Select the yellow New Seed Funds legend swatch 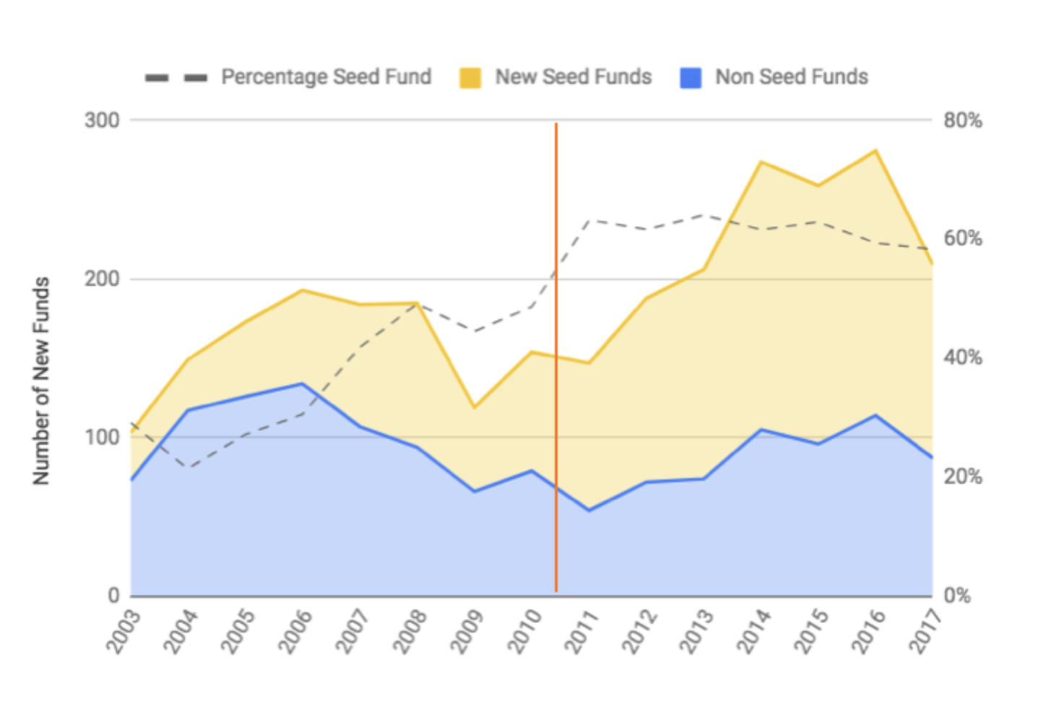(470, 78)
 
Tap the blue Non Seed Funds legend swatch (691, 78)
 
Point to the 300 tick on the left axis (102, 120)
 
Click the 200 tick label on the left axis (102, 279)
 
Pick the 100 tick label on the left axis (102, 438)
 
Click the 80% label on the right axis (962, 121)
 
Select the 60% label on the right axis (962, 239)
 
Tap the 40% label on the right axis (962, 357)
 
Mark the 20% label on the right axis (962, 477)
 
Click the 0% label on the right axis (957, 596)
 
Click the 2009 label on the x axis (470, 631)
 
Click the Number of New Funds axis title (41, 381)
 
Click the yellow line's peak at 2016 (876, 150)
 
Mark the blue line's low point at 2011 (589, 511)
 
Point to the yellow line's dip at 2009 (475, 407)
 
